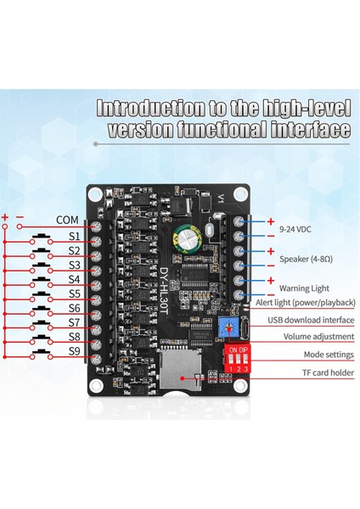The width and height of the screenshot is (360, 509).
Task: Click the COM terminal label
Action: [67, 220]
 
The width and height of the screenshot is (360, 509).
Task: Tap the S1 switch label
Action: [74, 235]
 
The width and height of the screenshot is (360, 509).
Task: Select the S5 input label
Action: [74, 294]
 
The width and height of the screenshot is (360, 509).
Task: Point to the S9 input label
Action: [74, 350]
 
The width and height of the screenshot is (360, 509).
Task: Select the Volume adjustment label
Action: [307, 336]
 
